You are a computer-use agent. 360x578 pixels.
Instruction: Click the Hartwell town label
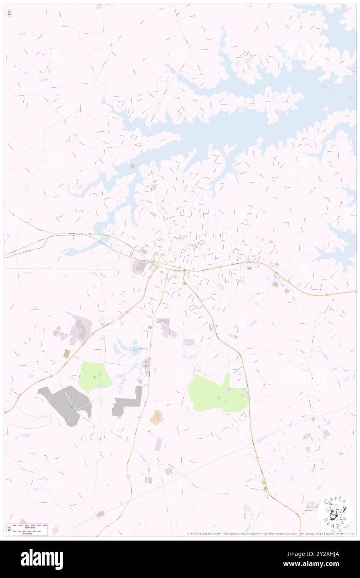coord(180,270)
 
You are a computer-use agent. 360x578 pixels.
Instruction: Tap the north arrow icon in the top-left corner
coord(9,13)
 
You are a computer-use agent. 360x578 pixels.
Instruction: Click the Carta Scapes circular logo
coord(335,513)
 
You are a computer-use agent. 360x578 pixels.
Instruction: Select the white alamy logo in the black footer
coord(42,559)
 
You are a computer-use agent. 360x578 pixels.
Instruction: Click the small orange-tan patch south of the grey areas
coord(157,417)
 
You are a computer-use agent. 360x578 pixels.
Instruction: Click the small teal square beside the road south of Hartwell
coord(150,327)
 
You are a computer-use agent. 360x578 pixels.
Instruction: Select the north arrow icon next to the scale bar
coord(9,529)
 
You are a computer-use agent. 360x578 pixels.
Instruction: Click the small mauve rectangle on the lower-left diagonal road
coord(101,514)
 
